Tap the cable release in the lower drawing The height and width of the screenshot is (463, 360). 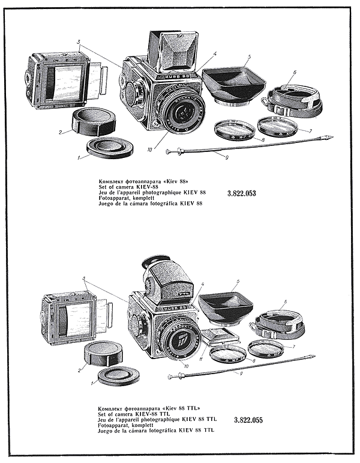point(240,368)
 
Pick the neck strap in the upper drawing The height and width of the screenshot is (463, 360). point(294,101)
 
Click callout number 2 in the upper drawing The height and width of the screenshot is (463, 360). point(61,132)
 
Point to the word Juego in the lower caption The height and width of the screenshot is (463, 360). point(106,431)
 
